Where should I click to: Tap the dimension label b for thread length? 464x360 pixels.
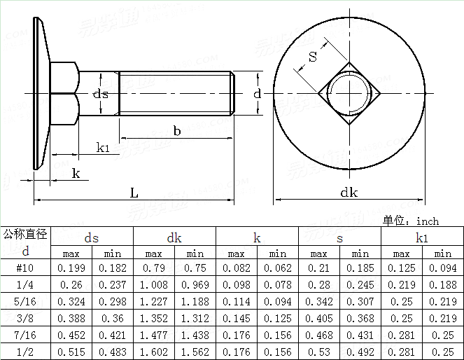[x=177, y=130]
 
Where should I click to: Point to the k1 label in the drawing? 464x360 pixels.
[x=104, y=148]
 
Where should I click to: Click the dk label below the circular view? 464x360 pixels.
[x=349, y=193]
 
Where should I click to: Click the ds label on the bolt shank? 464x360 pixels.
[x=101, y=94]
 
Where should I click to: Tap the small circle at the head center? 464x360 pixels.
[x=349, y=93]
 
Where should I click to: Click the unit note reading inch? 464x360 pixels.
[x=411, y=221]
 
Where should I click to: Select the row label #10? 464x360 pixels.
[x=25, y=268]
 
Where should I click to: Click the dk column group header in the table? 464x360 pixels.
[x=174, y=238]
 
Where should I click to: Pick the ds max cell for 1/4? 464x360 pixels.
[x=71, y=285]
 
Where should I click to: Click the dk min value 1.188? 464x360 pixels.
[x=195, y=302]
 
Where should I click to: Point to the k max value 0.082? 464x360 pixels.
[x=237, y=268]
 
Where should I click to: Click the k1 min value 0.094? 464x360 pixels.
[x=442, y=268]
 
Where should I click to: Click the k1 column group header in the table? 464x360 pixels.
[x=422, y=238]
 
